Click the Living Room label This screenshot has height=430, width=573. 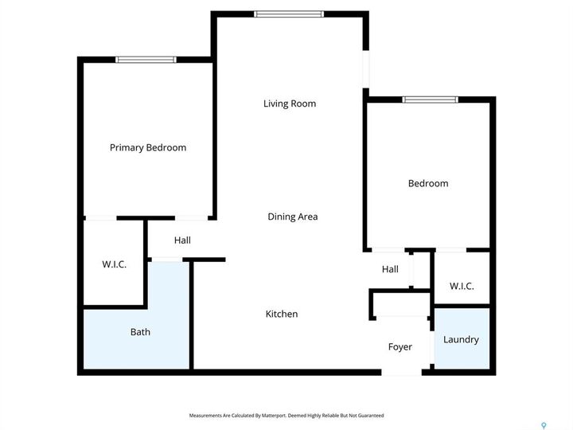coord(290,104)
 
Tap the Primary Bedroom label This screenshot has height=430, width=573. coord(148,147)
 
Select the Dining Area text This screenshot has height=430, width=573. coord(292,217)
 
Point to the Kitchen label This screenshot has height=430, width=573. coord(282,314)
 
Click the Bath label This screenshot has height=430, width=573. coord(140,332)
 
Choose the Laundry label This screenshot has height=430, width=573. coord(461,339)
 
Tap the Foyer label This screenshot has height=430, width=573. coord(400,346)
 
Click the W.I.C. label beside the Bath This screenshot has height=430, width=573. coord(114,264)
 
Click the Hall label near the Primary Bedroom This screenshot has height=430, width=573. coord(182,240)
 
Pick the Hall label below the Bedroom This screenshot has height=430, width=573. coord(390,269)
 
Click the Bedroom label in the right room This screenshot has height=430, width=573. coord(428,183)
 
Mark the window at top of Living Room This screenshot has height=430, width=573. coord(289,14)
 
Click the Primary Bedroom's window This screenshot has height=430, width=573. coord(146,60)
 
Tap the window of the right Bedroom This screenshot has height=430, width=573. coord(430,100)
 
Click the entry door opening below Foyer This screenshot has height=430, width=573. coord(402,371)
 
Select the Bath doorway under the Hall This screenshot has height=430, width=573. coord(166,259)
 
